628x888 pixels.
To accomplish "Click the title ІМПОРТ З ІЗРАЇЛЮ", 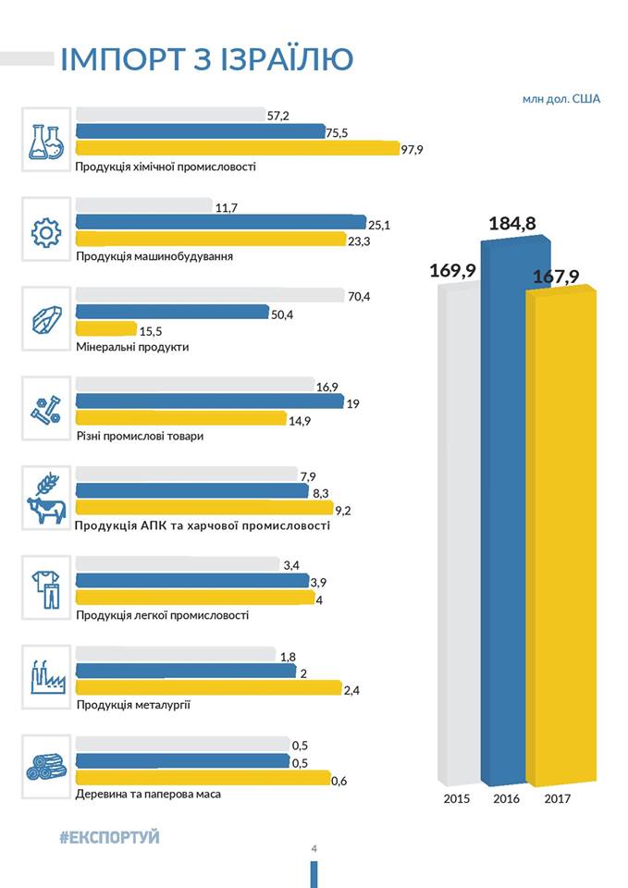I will pos(206,58).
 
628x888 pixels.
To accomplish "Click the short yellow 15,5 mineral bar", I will pos(105,328).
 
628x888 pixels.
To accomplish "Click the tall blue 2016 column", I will pos(514,509).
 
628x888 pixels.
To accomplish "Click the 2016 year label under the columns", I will pos(507,798).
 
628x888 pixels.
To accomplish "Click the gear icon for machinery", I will pos(45,231).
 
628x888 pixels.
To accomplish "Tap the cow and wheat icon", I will pos(45,499).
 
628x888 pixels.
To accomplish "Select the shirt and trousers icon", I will pos(45,588).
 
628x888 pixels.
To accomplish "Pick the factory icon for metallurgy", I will pos(45,677).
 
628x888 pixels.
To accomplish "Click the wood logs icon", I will pos(45,766).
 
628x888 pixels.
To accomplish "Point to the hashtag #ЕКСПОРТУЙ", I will pos(109,837).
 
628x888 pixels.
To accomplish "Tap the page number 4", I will pos(314,850).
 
